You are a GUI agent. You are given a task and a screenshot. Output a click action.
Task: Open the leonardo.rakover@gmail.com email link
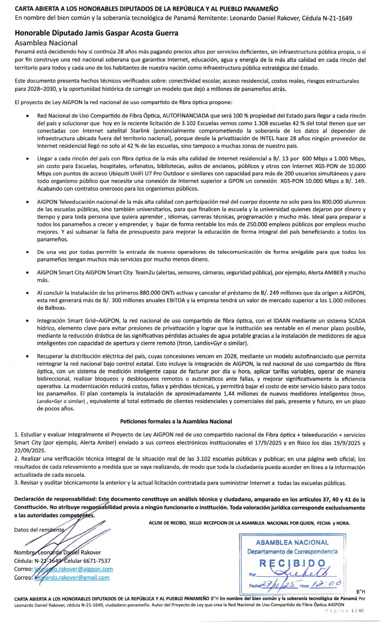click(72, 577)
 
